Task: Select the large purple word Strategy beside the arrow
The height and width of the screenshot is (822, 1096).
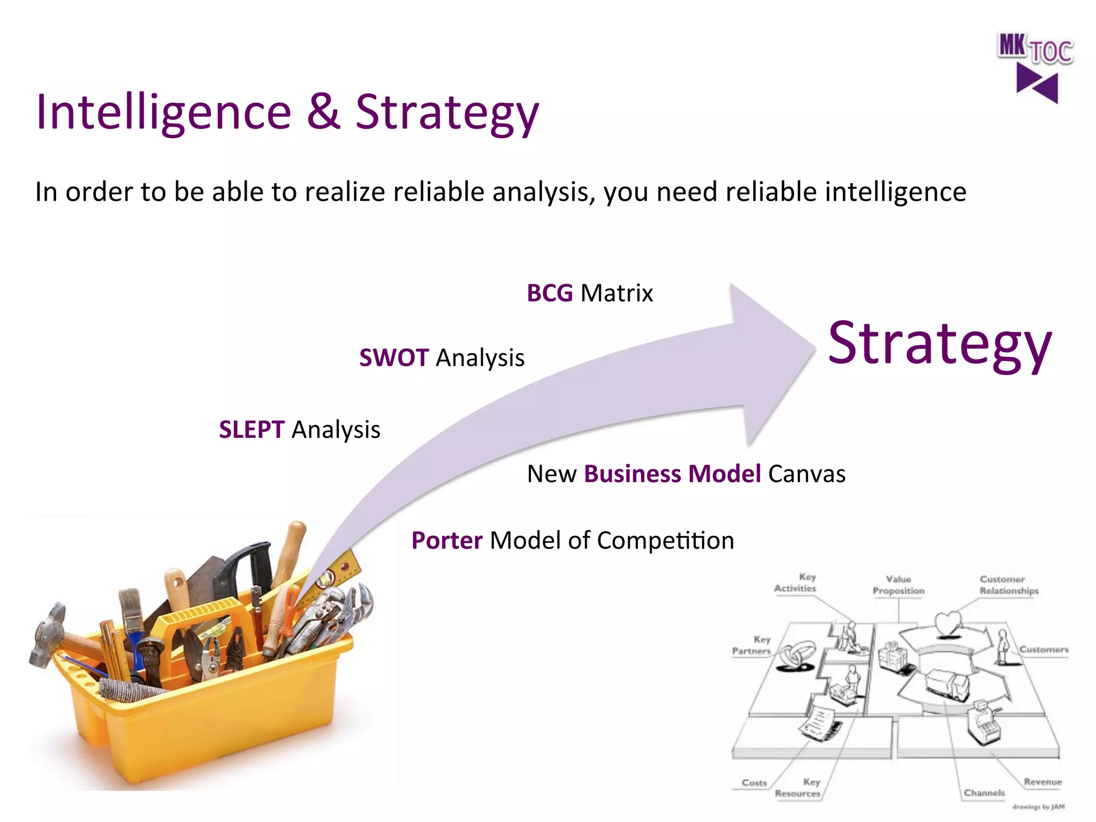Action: click(940, 344)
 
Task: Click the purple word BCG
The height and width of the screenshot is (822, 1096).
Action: click(550, 293)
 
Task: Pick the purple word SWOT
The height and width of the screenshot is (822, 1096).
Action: click(394, 357)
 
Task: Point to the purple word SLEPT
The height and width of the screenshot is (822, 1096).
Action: click(252, 429)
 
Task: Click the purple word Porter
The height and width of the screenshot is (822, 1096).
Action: click(447, 541)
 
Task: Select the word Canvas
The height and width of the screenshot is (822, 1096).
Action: click(806, 474)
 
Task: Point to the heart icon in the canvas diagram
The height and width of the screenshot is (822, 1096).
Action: click(948, 623)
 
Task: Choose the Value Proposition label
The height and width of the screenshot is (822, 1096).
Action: click(898, 585)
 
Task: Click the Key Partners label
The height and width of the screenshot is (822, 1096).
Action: click(752, 645)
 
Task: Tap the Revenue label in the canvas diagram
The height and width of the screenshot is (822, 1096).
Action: click(1042, 782)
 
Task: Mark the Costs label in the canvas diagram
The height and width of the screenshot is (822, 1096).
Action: click(754, 782)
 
